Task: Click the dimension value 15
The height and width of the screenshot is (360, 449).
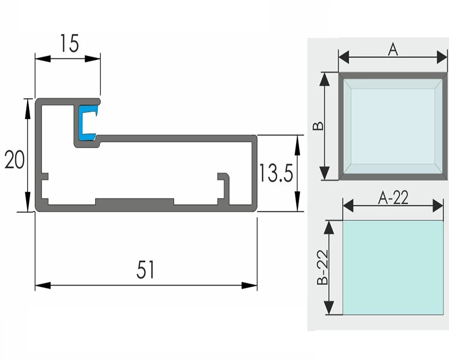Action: tap(67, 44)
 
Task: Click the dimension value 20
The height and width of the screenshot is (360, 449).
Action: tap(14, 159)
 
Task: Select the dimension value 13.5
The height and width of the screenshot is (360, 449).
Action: tap(276, 173)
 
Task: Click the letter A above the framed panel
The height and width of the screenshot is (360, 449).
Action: tap(393, 49)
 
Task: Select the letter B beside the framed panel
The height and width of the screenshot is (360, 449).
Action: tap(317, 126)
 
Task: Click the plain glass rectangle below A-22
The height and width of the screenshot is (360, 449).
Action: tap(393, 268)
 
